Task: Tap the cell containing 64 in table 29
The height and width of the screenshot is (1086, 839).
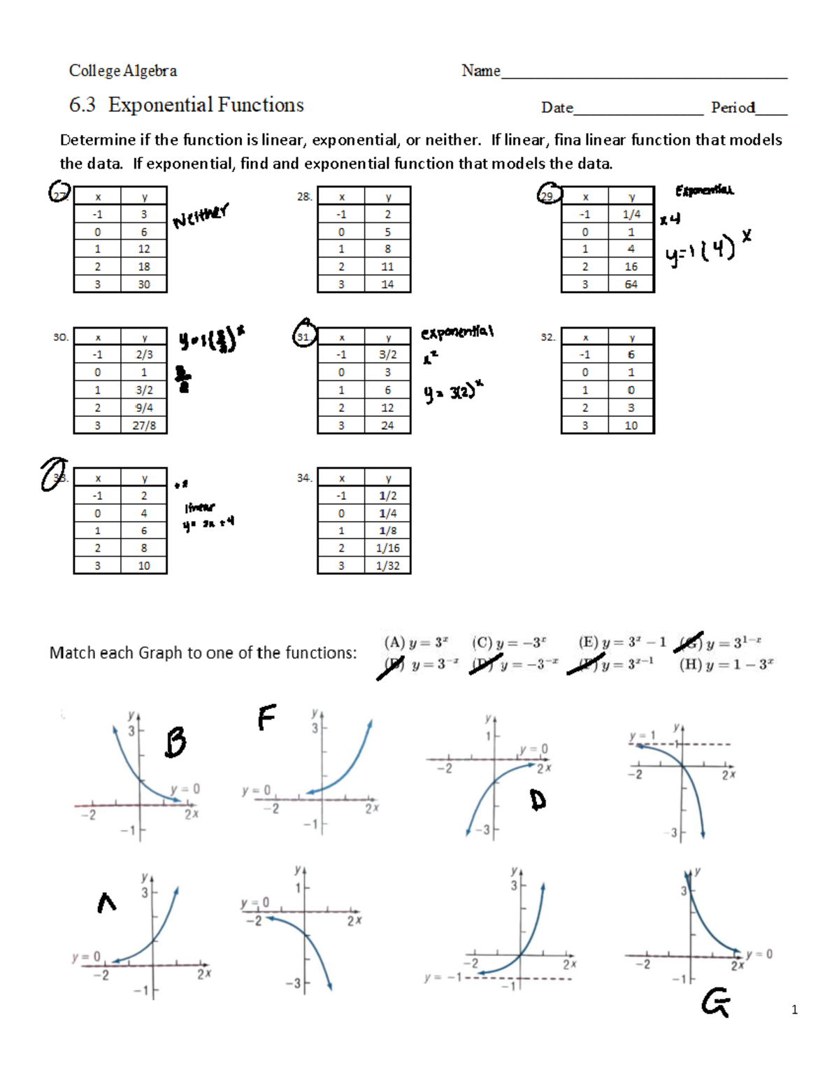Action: click(631, 285)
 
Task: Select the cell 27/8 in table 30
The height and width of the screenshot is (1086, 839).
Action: click(143, 425)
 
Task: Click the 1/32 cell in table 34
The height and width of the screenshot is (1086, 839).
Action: click(387, 566)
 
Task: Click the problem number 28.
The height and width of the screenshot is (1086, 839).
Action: click(304, 197)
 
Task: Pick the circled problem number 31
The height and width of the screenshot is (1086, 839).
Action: click(304, 334)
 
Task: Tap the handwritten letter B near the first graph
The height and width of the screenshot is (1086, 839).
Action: click(175, 742)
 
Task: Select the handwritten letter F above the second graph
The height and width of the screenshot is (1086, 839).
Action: click(266, 717)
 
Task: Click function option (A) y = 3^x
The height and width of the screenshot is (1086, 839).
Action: click(416, 643)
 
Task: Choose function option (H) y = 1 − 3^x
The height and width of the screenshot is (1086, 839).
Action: click(726, 664)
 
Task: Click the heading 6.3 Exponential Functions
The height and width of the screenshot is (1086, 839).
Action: click(186, 105)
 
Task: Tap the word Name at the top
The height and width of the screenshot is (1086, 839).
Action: click(480, 71)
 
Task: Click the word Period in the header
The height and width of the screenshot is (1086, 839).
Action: click(733, 108)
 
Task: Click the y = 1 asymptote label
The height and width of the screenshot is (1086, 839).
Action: click(642, 736)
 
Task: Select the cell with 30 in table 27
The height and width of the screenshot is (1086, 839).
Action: click(143, 285)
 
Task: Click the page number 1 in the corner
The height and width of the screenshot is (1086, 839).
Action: click(794, 1009)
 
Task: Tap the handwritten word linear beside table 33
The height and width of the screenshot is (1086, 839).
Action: click(200, 508)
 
